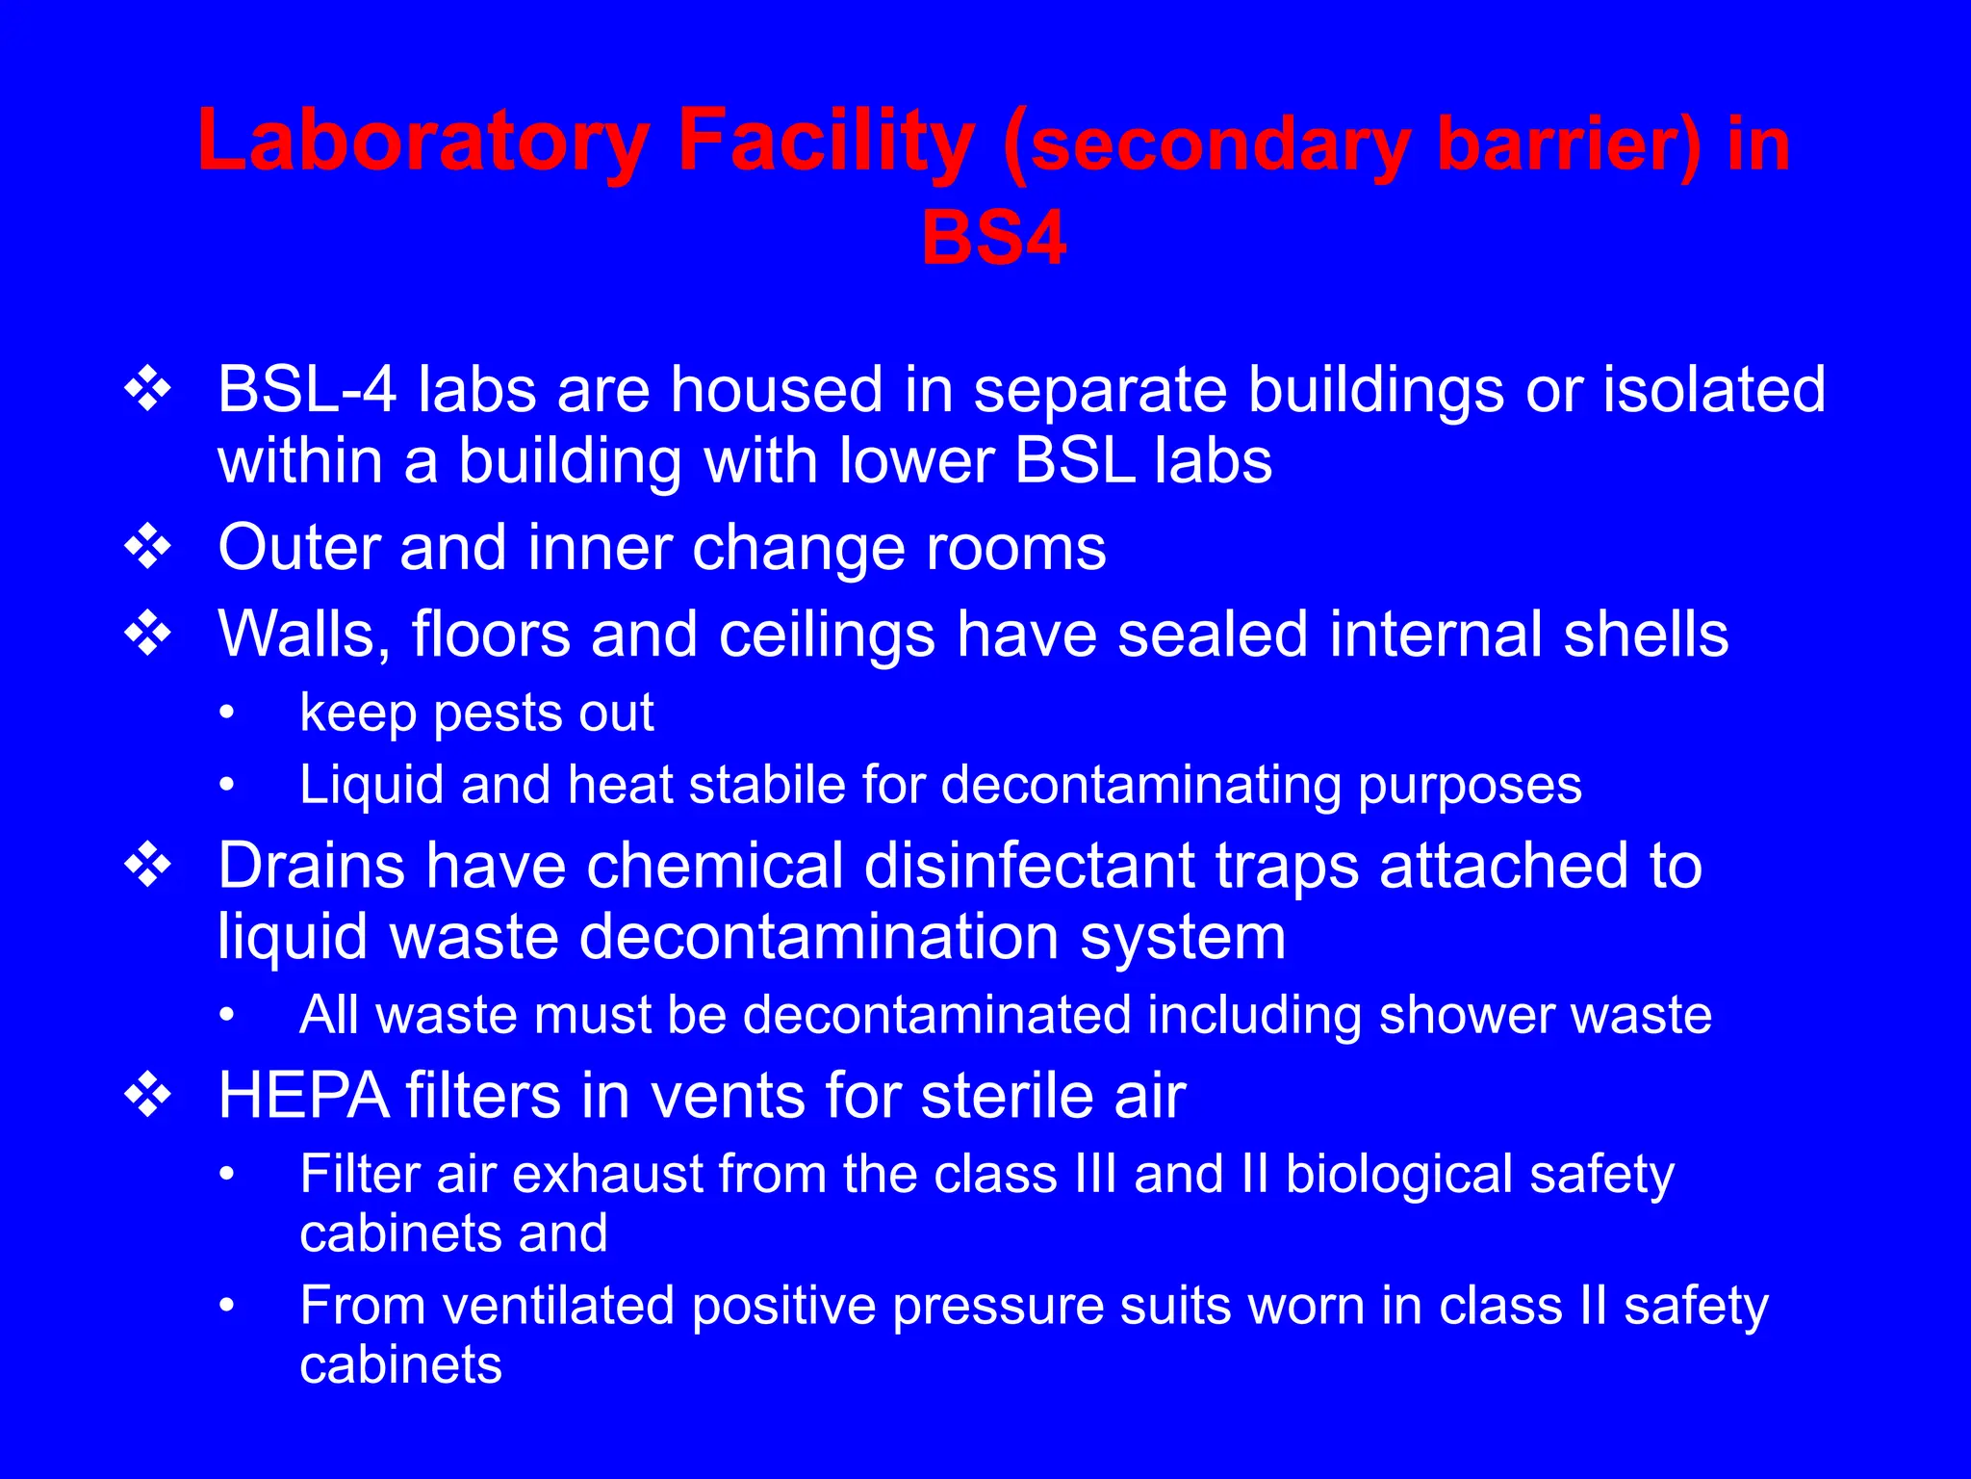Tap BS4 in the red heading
pyautogui.click(x=993, y=239)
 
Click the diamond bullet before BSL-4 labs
pyautogui.click(x=148, y=390)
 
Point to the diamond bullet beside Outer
pyautogui.click(x=148, y=548)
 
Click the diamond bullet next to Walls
pyautogui.click(x=148, y=635)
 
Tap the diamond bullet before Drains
pyautogui.click(x=148, y=865)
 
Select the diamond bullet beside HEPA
pyautogui.click(x=148, y=1096)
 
